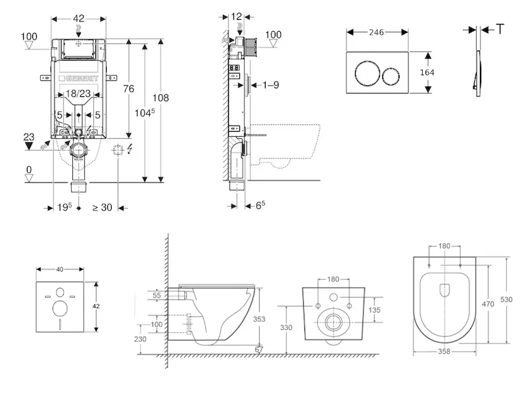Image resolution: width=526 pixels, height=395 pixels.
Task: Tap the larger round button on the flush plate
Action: pos(366,72)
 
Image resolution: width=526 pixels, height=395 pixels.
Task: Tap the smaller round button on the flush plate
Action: pos(391,72)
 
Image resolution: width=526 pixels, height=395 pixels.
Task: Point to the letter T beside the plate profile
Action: pos(500,29)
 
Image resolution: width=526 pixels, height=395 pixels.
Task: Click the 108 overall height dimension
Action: pos(160,98)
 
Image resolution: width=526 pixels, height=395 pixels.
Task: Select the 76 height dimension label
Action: pos(128,89)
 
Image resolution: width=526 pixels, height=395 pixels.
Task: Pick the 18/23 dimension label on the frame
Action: pos(78,95)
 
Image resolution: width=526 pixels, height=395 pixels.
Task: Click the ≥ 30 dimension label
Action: pos(102,208)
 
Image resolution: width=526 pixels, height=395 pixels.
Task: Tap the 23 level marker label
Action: pos(29,137)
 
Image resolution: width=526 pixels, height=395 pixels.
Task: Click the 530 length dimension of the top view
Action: pos(506,300)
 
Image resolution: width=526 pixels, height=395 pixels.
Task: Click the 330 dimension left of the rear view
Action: pos(286,327)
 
